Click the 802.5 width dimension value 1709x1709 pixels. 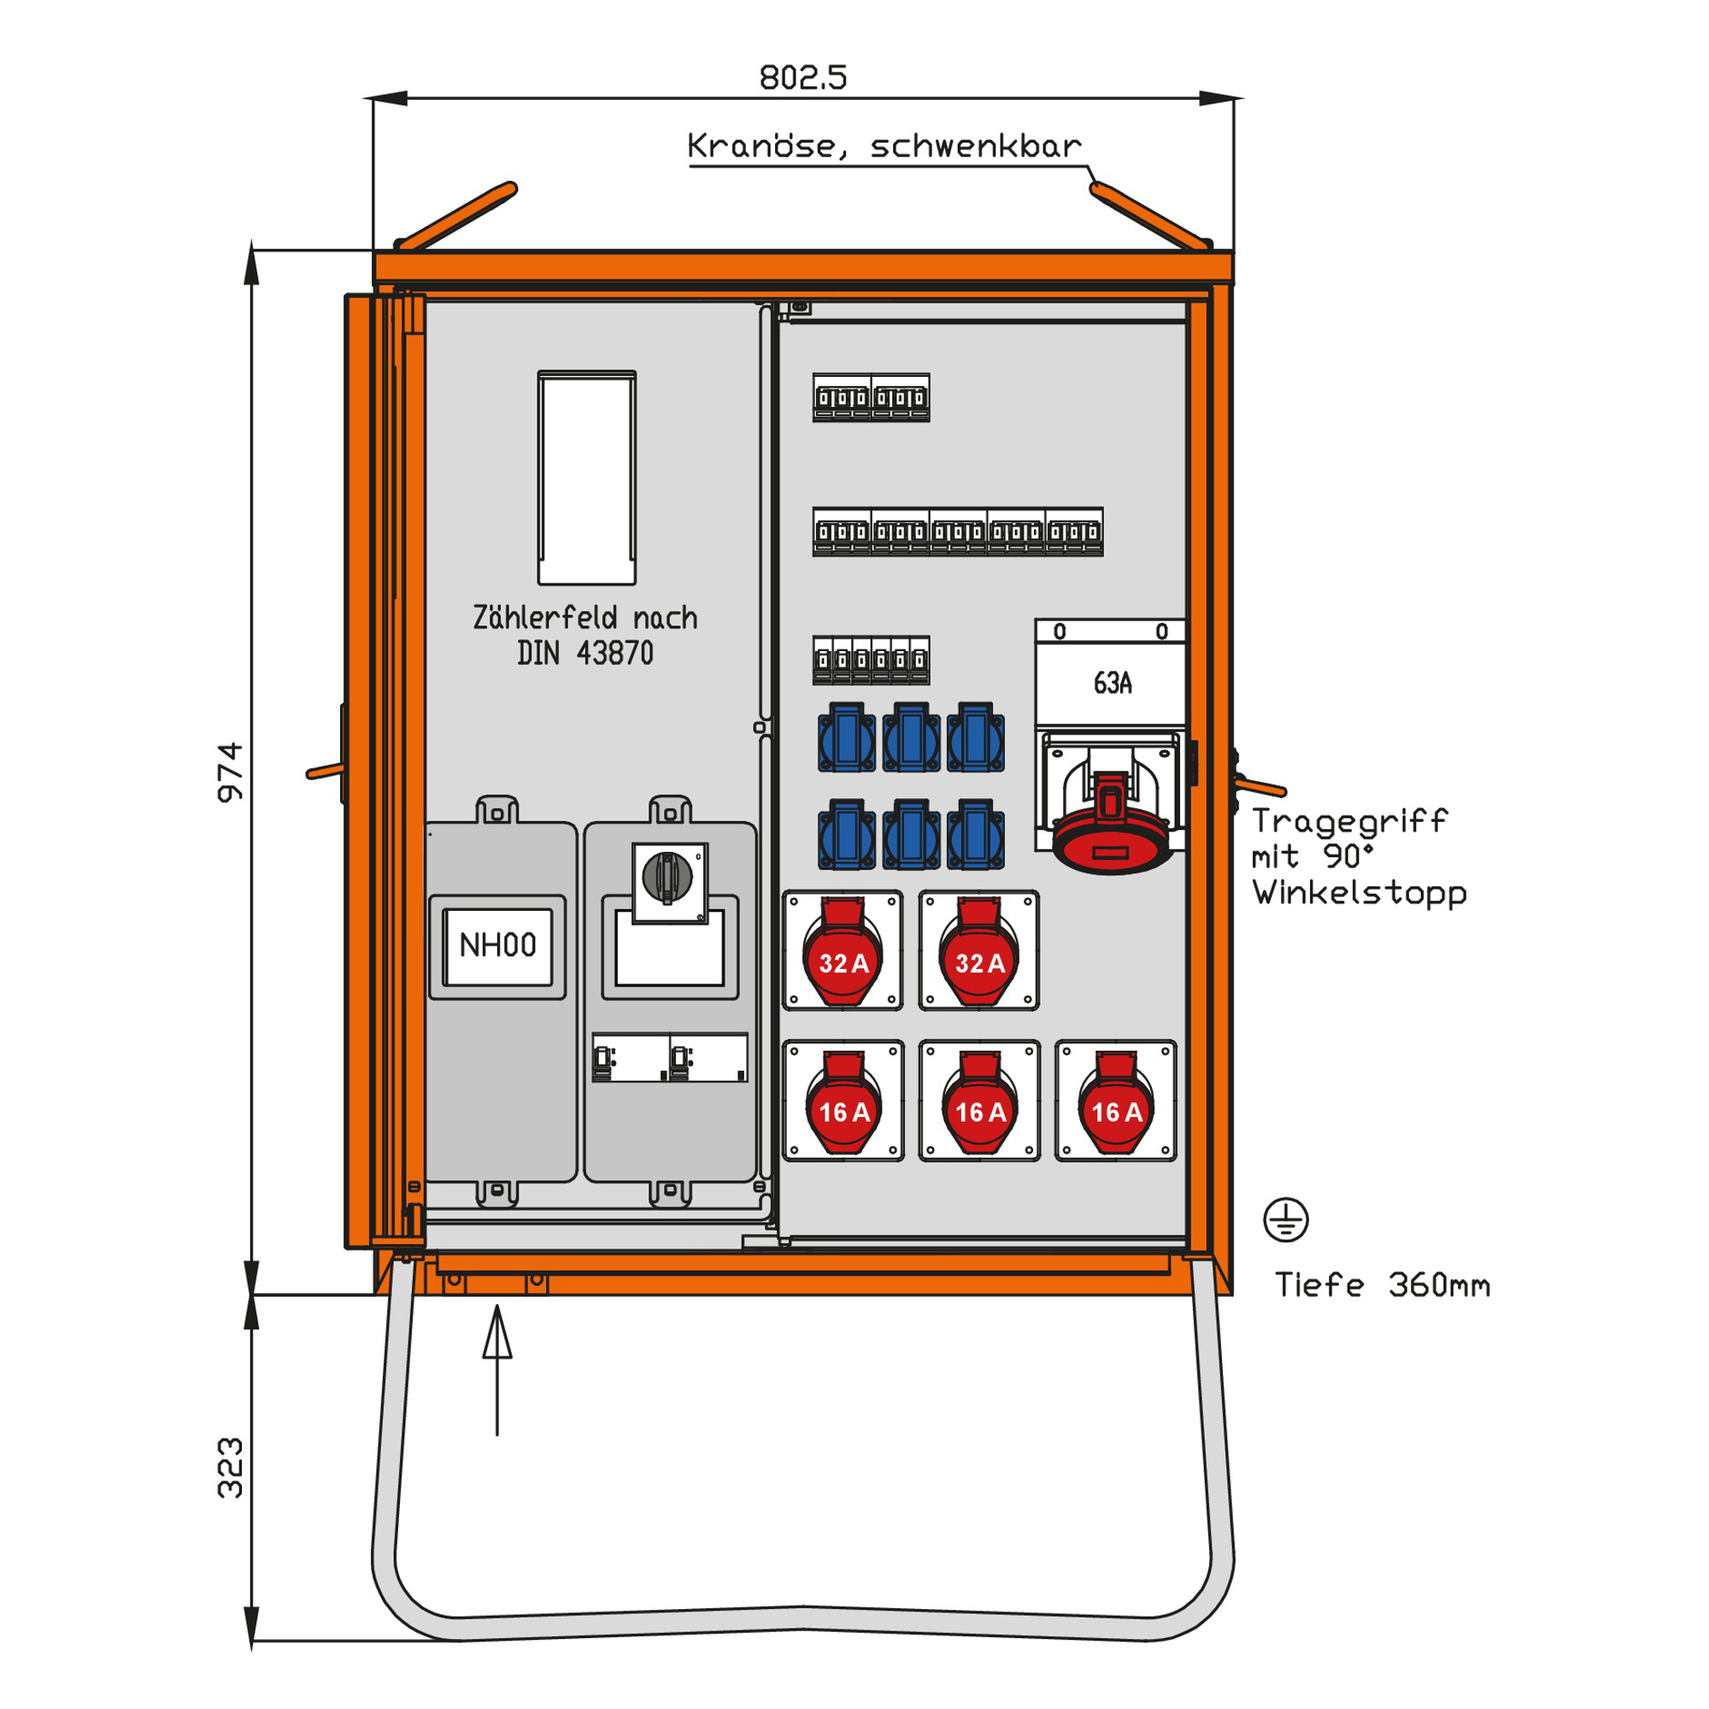tap(802, 78)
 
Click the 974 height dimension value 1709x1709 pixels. tap(230, 772)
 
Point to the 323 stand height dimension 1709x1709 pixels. tap(230, 1468)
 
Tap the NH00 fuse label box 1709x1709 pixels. tap(497, 946)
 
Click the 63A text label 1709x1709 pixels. tap(1112, 683)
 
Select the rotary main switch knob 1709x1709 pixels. tap(668, 877)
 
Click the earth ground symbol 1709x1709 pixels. tap(1285, 1220)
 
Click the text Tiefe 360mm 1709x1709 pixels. tap(1382, 1285)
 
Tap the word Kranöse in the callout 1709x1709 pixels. tap(761, 146)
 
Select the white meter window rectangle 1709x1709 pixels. tap(586, 478)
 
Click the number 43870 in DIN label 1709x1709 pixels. tap(614, 654)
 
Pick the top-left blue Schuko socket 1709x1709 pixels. tap(847, 737)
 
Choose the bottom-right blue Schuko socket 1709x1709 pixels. tap(976, 834)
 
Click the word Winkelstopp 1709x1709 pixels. tap(1360, 893)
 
